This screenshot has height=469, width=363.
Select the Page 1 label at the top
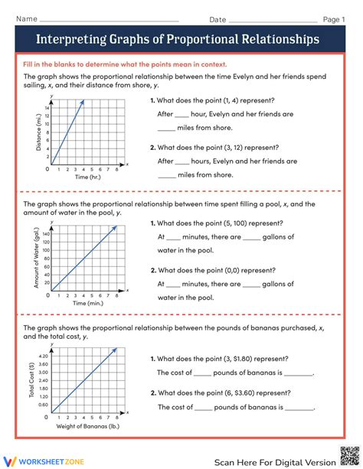pos(334,19)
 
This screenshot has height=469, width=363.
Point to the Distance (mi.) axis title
pos(38,131)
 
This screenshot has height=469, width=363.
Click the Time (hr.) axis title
pos(87,177)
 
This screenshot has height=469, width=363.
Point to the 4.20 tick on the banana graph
pos(43,357)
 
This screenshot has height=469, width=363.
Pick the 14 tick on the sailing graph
pos(47,107)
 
